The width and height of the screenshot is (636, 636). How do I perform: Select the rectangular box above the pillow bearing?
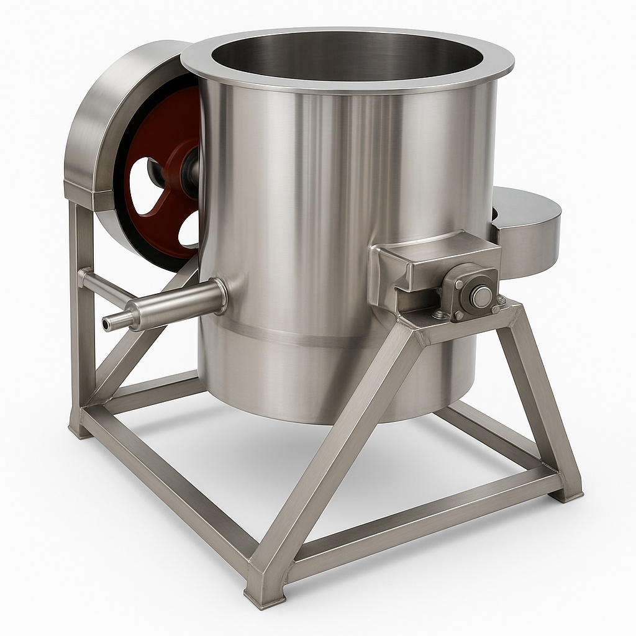pos(435,255)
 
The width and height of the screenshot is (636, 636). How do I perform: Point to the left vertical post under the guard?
pos(81,311)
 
